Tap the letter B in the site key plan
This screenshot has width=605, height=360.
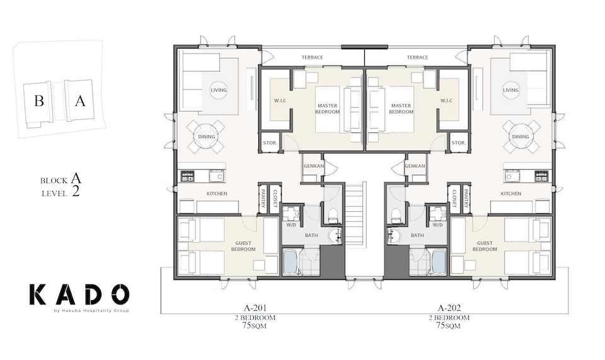tap(39, 102)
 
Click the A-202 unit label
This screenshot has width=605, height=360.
tap(451, 309)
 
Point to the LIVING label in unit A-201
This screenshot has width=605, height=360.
tap(219, 90)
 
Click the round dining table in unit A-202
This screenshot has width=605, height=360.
tap(521, 137)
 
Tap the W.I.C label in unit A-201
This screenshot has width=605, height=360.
tap(280, 100)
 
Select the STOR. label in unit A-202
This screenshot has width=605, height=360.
tap(458, 143)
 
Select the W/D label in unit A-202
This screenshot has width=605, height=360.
tap(437, 224)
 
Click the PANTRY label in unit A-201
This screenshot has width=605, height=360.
tap(263, 200)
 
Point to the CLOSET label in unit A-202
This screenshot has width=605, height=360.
tap(454, 199)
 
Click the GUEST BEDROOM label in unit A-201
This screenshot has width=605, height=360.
tap(245, 246)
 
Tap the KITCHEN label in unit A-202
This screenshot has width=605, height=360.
tap(510, 194)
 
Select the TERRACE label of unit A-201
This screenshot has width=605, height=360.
tap(312, 57)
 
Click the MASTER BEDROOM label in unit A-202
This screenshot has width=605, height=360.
tap(401, 108)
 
